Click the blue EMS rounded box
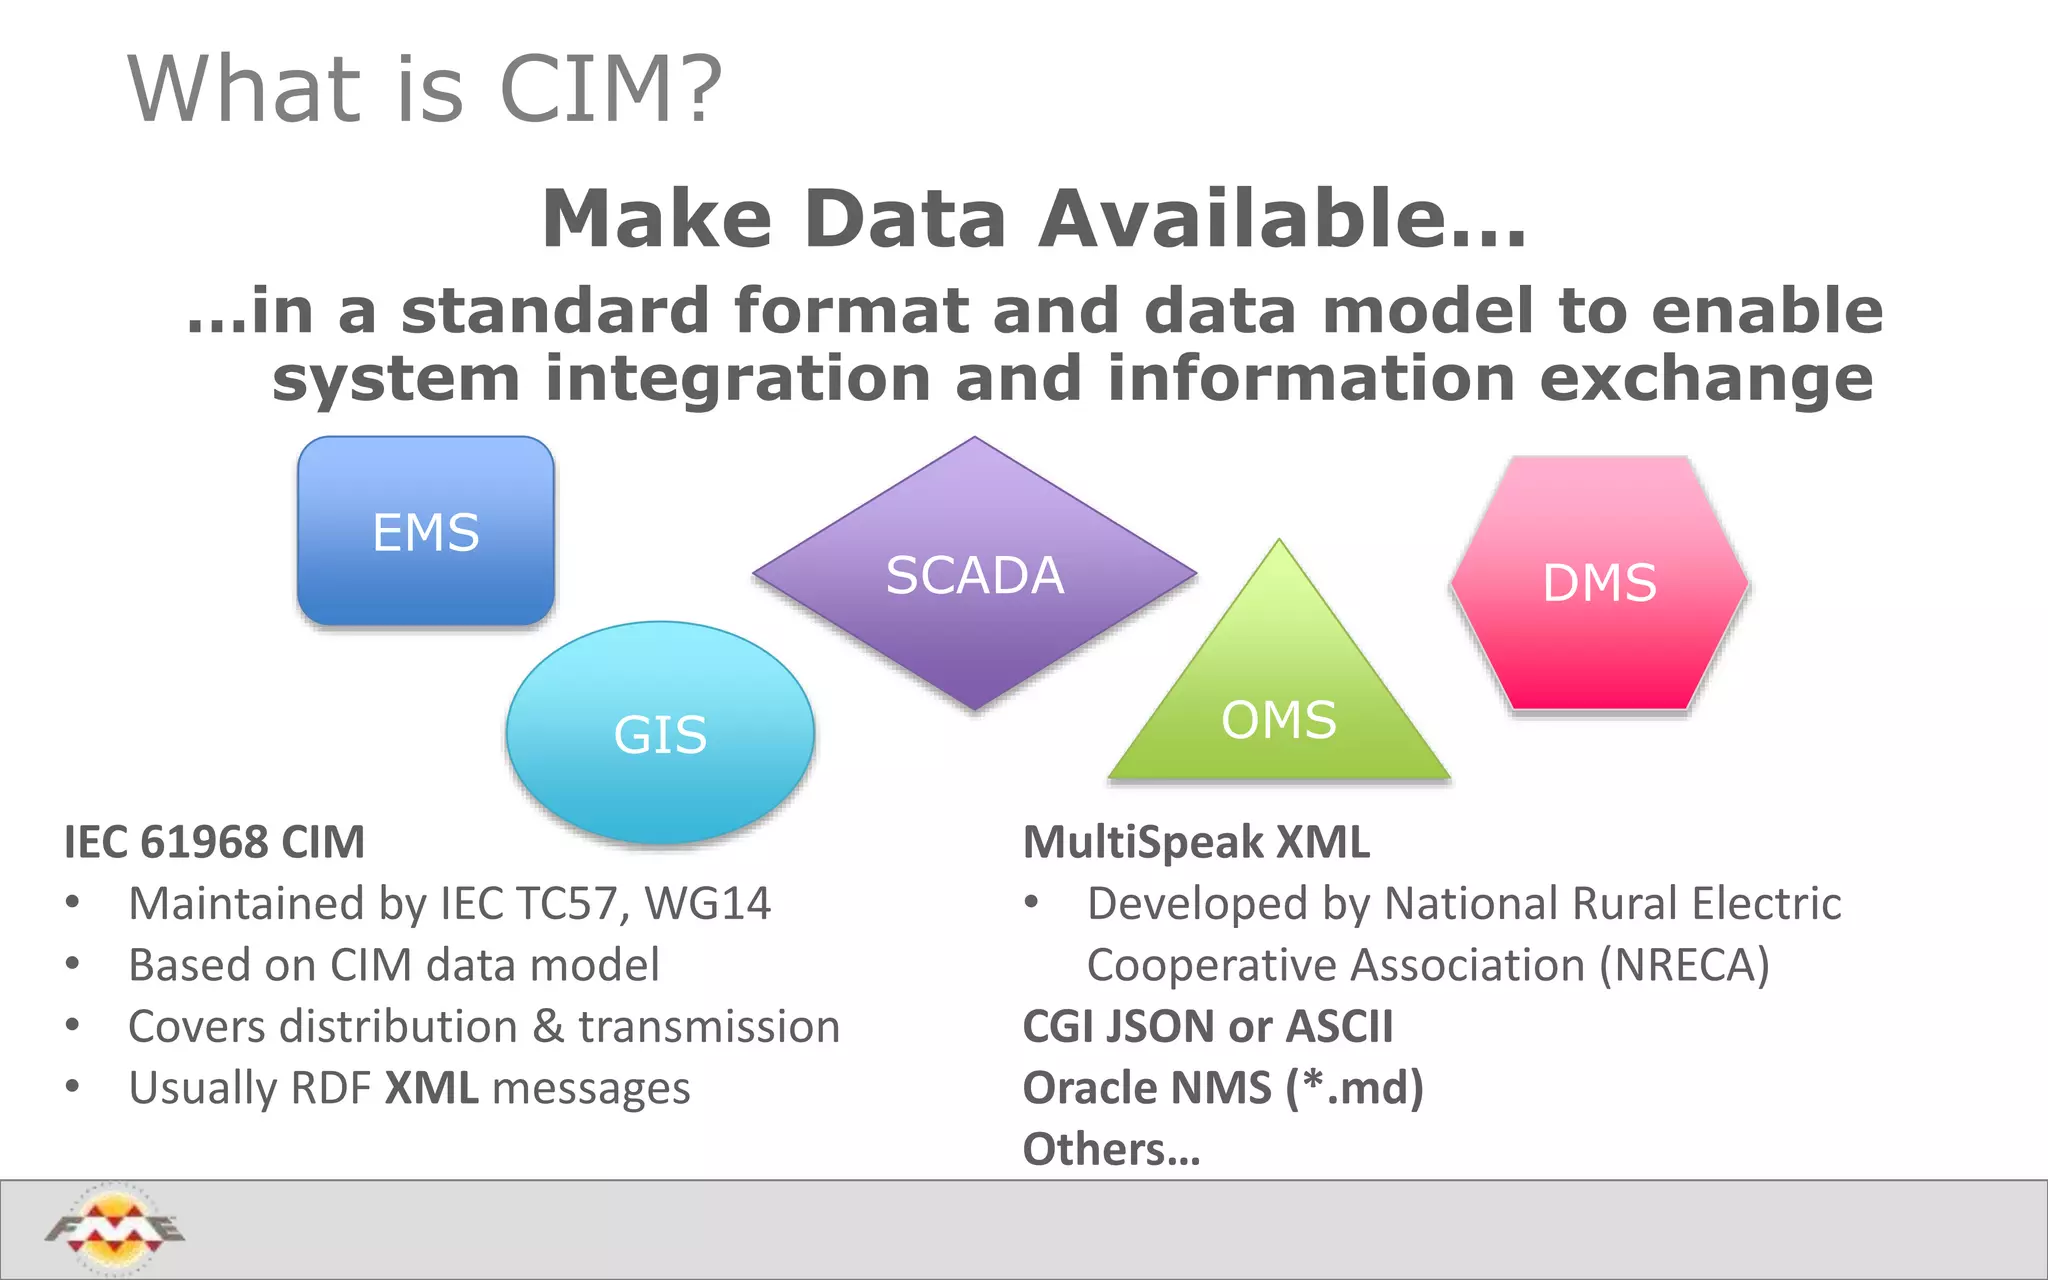coord(425,531)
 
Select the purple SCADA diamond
coord(974,574)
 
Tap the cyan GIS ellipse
coord(660,733)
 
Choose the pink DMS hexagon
coord(1599,583)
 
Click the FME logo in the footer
coord(115,1228)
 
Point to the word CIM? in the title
coord(610,90)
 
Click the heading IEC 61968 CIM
coord(214,842)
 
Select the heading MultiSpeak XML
coord(1196,842)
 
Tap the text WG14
coord(707,904)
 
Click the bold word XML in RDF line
coord(431,1088)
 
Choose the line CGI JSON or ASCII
coord(1207,1027)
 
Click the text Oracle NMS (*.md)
coord(1222,1088)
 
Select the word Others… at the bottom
coord(1111,1150)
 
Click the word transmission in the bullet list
coord(708,1027)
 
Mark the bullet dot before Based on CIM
coord(72,965)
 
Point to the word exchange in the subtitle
coord(1705,379)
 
